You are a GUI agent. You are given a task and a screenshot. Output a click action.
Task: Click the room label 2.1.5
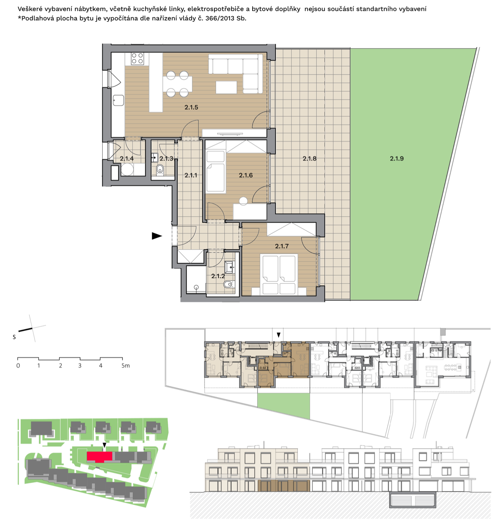coord(191,108)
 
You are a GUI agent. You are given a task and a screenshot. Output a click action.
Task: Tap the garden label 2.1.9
coord(397,158)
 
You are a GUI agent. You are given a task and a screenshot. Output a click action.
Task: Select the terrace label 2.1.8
coord(309,158)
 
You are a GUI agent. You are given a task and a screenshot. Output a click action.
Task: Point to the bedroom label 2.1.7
coord(282,246)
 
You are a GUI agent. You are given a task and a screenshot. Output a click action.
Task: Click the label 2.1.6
coord(246,175)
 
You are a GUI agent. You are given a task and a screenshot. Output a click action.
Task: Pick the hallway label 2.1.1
coord(191,175)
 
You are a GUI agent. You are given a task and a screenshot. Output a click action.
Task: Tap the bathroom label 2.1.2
coord(218,276)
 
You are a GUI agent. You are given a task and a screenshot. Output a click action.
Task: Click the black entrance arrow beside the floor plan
coord(157,236)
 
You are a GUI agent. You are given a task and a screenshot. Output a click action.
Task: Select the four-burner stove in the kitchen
coord(137,58)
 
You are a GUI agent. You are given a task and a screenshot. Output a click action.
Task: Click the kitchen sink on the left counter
coord(118,100)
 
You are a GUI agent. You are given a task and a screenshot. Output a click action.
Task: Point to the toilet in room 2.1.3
coord(160,170)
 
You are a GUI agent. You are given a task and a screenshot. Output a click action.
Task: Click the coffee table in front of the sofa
coord(226,87)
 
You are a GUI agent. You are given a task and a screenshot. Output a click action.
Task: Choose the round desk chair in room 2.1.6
coord(243,201)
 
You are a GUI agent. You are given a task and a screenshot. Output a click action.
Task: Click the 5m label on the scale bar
coord(125,366)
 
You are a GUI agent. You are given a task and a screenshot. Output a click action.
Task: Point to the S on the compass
coord(14,337)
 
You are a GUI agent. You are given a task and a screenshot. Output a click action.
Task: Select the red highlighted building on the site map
coord(99,457)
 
